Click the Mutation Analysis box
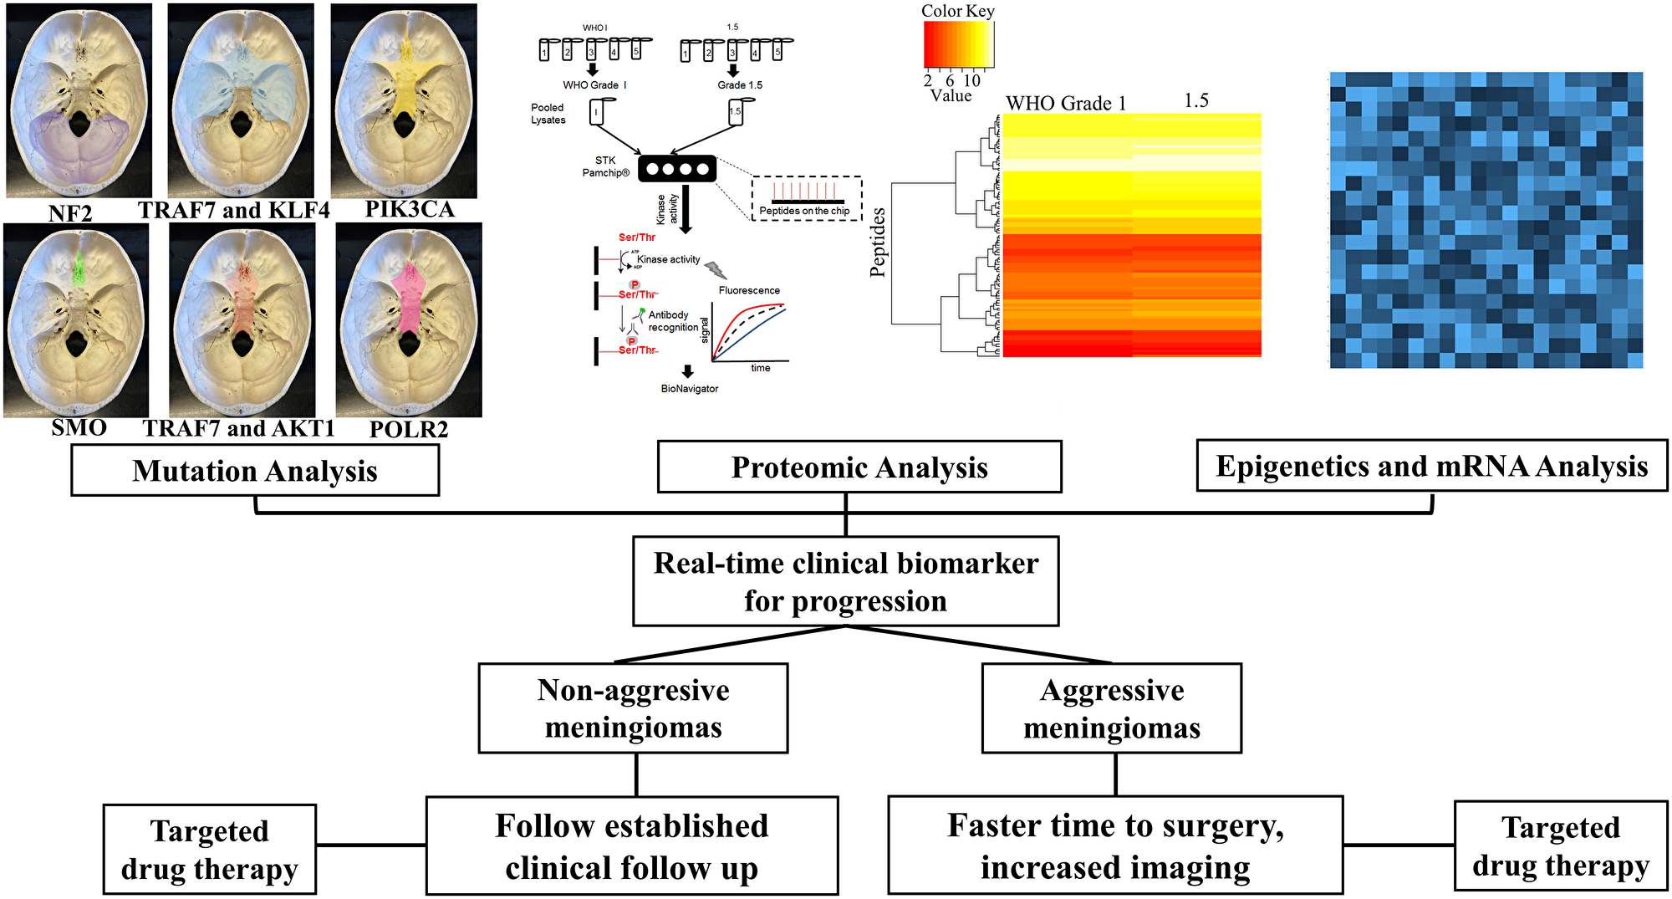[255, 470]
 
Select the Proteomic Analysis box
[859, 467]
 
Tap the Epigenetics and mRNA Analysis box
[1431, 465]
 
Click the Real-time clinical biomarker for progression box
[845, 581]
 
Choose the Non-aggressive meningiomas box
[633, 708]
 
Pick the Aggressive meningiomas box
[1111, 708]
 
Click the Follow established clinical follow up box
[631, 845]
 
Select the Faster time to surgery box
[1115, 845]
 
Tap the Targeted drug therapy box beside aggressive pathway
[1560, 845]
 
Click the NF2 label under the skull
[70, 212]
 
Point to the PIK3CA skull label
[410, 209]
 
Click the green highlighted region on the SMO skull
[78, 269]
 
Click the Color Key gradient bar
[958, 44]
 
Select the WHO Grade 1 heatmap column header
[1065, 104]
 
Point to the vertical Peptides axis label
[877, 243]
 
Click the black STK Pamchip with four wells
[677, 169]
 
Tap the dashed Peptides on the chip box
[806, 198]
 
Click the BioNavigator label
[689, 389]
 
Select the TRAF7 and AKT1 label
[238, 428]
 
